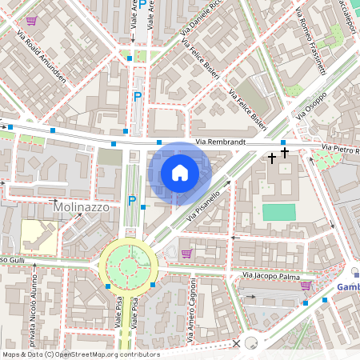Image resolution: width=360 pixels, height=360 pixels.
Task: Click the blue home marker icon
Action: click(x=180, y=172)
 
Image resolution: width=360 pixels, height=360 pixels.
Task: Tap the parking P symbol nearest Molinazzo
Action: click(x=132, y=201)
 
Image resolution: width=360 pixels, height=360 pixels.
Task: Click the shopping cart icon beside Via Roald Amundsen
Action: click(x=31, y=21)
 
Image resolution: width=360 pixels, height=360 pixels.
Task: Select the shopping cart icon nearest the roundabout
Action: click(x=186, y=254)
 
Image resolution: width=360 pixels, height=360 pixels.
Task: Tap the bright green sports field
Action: click(x=278, y=212)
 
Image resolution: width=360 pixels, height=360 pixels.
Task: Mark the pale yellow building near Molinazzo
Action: click(x=37, y=236)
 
